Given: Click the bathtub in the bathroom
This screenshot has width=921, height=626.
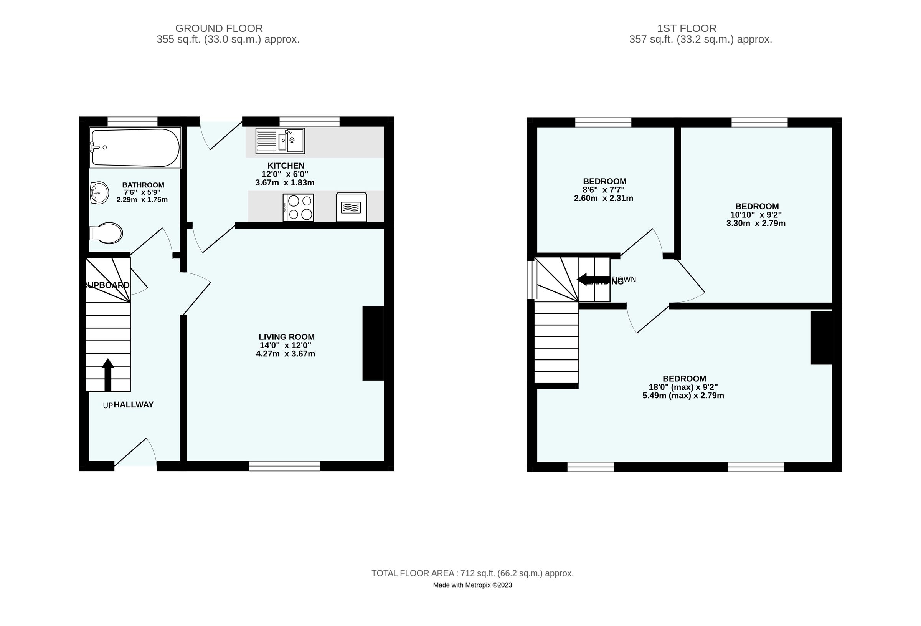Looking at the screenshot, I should (135, 147).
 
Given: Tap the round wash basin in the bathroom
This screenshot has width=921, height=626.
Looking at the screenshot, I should (99, 193).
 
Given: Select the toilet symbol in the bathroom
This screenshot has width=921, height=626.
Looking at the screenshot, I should (107, 233).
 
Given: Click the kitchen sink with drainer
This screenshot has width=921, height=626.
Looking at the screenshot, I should (280, 141).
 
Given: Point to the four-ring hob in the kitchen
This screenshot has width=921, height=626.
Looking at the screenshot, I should (298, 207).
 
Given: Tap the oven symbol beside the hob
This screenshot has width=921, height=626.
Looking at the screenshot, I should (351, 207).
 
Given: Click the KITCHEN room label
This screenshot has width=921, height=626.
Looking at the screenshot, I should (286, 166).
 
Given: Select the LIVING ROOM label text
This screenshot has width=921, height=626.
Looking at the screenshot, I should (287, 337).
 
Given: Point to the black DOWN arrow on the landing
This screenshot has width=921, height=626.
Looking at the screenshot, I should (593, 279).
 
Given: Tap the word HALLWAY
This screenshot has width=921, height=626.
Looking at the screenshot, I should (134, 405).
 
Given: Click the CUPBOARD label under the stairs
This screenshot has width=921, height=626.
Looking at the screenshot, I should (107, 285).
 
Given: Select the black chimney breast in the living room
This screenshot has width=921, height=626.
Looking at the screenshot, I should (373, 343).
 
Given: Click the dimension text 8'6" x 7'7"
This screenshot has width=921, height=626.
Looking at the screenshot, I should (604, 190).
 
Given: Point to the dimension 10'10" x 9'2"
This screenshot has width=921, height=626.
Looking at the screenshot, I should (756, 215).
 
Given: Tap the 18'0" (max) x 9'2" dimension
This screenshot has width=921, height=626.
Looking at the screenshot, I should (683, 387).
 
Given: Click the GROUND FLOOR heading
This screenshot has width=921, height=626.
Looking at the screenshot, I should (219, 28).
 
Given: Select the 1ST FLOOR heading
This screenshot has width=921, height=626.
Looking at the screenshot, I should (687, 28).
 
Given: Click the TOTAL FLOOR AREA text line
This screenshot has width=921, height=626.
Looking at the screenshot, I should (472, 573).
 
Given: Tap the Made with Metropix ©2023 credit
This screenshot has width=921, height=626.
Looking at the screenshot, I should (472, 585).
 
